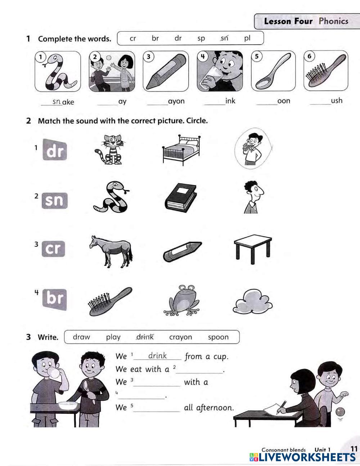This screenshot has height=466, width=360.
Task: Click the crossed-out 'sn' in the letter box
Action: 224,38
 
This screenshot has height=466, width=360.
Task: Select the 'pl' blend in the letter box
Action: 247,38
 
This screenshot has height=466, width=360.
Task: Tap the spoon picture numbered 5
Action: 273,71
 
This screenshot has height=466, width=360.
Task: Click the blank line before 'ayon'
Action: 158,105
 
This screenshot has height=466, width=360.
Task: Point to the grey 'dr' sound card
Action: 55,149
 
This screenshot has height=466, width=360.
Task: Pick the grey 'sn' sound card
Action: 54,201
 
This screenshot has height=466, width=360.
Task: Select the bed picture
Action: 181,150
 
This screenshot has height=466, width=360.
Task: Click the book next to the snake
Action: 181,198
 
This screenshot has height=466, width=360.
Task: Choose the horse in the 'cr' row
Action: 111,252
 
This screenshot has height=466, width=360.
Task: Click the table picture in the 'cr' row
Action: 253,249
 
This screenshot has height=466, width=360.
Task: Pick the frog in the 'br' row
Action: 181,300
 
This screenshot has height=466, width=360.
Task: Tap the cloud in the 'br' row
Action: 253,301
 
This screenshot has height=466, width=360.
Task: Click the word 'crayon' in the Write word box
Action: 180,337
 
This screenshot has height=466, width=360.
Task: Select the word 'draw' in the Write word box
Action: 81,337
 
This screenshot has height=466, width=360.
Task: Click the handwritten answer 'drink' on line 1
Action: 157,355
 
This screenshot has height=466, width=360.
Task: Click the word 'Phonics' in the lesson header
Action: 333,21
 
